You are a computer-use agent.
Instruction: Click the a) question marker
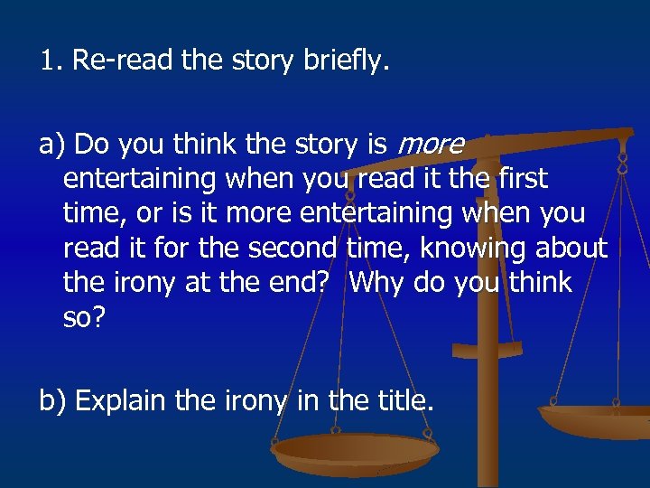pos(51,145)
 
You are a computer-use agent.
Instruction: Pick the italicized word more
pos(432,145)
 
